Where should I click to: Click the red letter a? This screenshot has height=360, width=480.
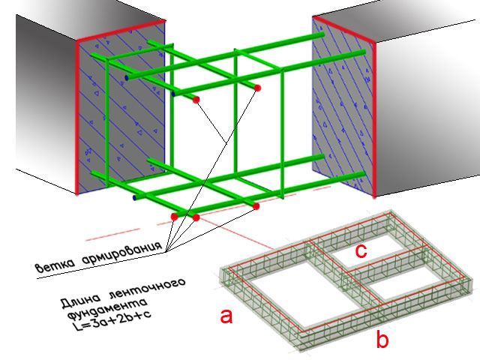[x=226, y=316]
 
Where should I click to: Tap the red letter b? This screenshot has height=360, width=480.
[x=382, y=338]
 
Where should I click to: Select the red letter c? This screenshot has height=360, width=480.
[x=361, y=252]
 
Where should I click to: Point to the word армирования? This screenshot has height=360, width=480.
[x=121, y=252]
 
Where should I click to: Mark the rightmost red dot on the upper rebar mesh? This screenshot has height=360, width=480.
[x=257, y=88]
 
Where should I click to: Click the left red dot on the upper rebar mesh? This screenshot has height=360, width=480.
[x=196, y=100]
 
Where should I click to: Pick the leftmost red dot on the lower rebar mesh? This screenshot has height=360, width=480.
[x=175, y=217]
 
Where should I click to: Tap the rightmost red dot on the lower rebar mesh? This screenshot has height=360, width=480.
[x=256, y=206]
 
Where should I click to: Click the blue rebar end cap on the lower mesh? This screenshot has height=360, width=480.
[x=134, y=198]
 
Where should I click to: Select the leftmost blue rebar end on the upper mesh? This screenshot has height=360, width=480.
[x=127, y=78]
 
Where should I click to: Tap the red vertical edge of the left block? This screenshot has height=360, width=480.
[x=77, y=117]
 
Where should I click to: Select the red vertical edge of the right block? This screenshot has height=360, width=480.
[x=374, y=120]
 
